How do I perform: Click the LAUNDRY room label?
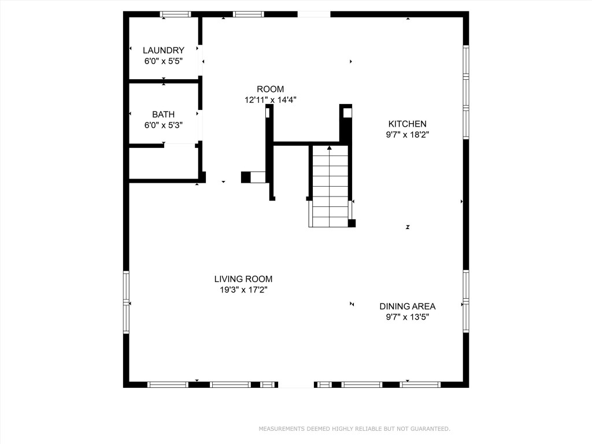[x=164, y=50]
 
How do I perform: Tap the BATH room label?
[x=163, y=114]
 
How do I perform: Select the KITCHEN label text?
[x=407, y=124]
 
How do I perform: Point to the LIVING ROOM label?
[x=243, y=279]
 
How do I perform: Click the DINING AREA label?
[x=407, y=306]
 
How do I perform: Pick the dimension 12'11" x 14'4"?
[x=270, y=99]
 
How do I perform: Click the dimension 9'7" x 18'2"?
[x=407, y=134]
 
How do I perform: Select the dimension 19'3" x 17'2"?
[x=243, y=290]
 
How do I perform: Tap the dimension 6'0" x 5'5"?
[x=164, y=61]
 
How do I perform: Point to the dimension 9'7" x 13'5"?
[x=407, y=317]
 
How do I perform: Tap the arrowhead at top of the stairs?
[x=330, y=148]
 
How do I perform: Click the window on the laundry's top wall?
[x=175, y=14]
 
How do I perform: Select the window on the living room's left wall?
[x=126, y=302]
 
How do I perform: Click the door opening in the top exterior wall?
[x=314, y=14]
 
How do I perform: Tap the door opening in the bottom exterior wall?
[x=296, y=384]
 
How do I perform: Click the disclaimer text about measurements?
[x=354, y=429]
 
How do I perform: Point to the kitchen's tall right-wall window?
[x=465, y=92]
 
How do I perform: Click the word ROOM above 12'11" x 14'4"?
[x=270, y=89]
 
